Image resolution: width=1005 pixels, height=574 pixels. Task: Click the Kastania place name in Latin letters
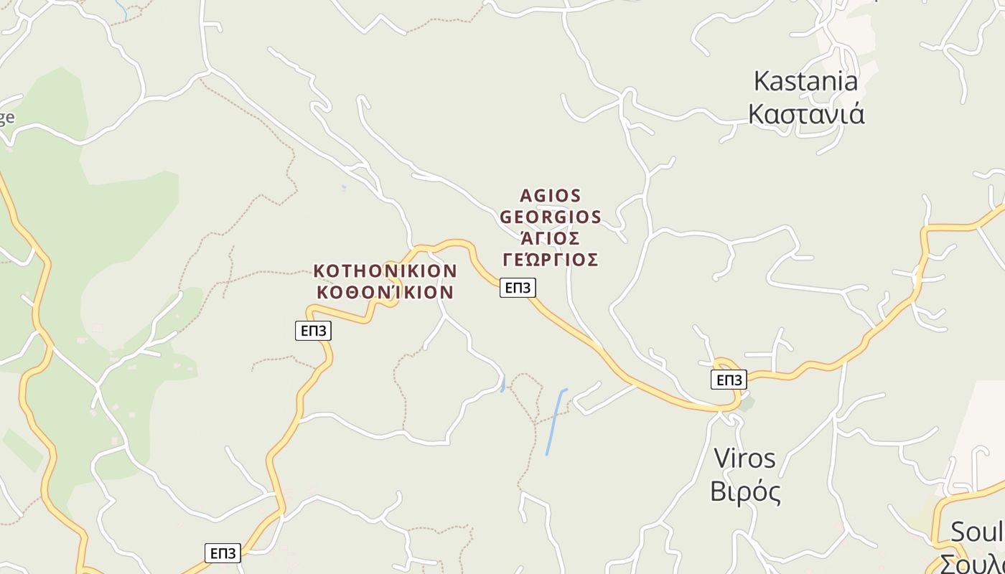coord(805,81)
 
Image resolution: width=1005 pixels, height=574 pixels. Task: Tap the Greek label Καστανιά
coord(806,114)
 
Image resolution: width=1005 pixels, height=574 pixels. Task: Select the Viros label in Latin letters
coord(744,458)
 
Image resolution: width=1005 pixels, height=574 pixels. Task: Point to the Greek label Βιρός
coord(745,492)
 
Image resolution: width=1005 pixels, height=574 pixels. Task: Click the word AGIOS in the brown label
coord(550,196)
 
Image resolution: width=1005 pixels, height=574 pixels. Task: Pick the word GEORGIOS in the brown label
coord(550,217)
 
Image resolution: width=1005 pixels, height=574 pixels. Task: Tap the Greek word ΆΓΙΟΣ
coord(550,237)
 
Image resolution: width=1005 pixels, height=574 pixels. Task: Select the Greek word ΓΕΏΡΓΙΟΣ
coord(550,259)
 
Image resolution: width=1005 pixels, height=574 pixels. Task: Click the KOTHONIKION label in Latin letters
coord(385,271)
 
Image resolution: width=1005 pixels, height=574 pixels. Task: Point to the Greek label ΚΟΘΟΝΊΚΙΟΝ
coord(385,292)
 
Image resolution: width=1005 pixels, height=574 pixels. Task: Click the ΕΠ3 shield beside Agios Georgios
coord(518,288)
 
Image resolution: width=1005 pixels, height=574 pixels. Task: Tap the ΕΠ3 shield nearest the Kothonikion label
coord(313,330)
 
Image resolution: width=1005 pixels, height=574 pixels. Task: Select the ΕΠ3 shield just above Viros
coord(728,380)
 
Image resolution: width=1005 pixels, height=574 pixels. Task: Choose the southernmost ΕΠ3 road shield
coord(223,553)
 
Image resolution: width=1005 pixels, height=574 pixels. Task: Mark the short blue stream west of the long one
coord(503,383)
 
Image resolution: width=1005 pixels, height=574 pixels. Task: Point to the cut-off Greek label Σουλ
coord(973,563)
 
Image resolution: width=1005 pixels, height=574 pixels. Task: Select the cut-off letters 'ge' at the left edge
coord(6,118)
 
